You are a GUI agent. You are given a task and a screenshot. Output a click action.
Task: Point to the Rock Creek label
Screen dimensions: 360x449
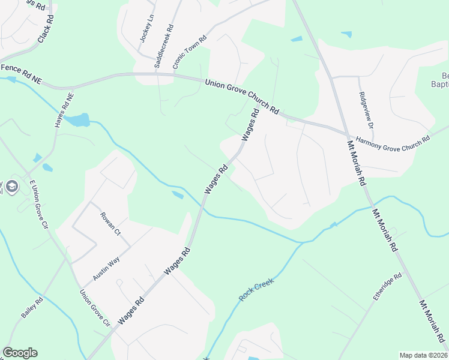(x=256, y=289)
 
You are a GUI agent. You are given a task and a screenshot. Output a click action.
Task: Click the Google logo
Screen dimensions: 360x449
(x=20, y=353)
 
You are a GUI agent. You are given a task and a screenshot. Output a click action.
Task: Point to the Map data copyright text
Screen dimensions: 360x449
(x=423, y=355)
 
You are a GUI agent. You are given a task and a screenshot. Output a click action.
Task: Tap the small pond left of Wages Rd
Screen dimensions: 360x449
(x=177, y=194)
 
